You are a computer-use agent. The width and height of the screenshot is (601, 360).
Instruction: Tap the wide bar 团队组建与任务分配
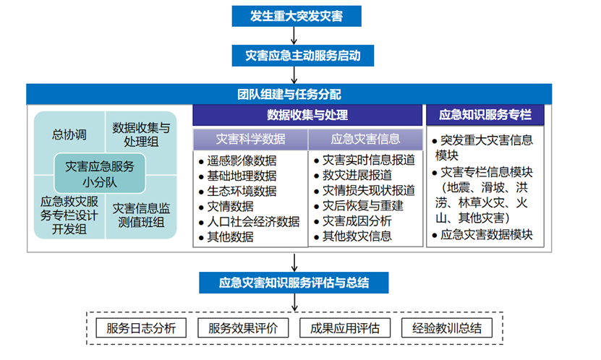coord(289,94)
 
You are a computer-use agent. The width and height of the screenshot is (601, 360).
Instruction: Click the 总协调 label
coord(69,134)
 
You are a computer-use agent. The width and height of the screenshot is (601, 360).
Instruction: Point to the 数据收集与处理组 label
coord(141,134)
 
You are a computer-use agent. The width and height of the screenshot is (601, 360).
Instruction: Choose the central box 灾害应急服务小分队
coord(100,173)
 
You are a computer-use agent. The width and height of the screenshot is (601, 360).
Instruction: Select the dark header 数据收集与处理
coord(307,116)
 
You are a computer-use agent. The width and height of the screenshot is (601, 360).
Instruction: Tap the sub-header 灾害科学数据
coord(250,139)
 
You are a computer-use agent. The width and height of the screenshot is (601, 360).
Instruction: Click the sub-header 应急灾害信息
coord(365,139)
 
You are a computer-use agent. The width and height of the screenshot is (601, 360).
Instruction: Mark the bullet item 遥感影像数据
coord(242,160)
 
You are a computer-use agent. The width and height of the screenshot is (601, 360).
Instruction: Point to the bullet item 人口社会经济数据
coord(253,221)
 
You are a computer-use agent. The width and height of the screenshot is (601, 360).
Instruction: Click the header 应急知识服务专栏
coord(485,116)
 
